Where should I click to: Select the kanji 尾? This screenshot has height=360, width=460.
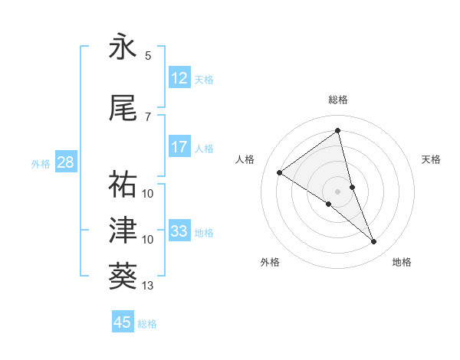coord(123,108)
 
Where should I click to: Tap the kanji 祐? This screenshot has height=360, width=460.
coord(123,184)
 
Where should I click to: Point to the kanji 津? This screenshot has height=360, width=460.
coord(123,229)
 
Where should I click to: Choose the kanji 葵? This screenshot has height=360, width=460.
coord(123,273)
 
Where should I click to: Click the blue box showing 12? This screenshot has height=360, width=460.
coord(179,78)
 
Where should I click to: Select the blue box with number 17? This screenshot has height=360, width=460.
coord(179,147)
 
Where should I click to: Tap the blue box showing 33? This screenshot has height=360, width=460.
coord(179,231)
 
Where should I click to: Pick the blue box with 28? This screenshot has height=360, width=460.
coord(64,162)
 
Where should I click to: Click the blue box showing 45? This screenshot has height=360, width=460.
coord(123,322)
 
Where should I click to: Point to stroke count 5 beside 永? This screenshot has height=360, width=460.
coord(148,56)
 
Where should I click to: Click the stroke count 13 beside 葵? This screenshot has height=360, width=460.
coord(148,286)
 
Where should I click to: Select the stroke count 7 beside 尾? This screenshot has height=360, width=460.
coord(148,116)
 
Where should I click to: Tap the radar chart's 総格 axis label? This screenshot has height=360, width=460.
coord(338,100)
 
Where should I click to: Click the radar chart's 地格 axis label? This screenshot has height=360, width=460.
coord(402,262)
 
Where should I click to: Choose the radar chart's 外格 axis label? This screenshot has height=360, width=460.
coord(270,262)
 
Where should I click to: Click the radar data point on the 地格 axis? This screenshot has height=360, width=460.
coord(374,242)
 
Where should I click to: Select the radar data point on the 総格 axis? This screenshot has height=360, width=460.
coord(338,131)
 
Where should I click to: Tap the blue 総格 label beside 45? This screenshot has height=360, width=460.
coord(147,324)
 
